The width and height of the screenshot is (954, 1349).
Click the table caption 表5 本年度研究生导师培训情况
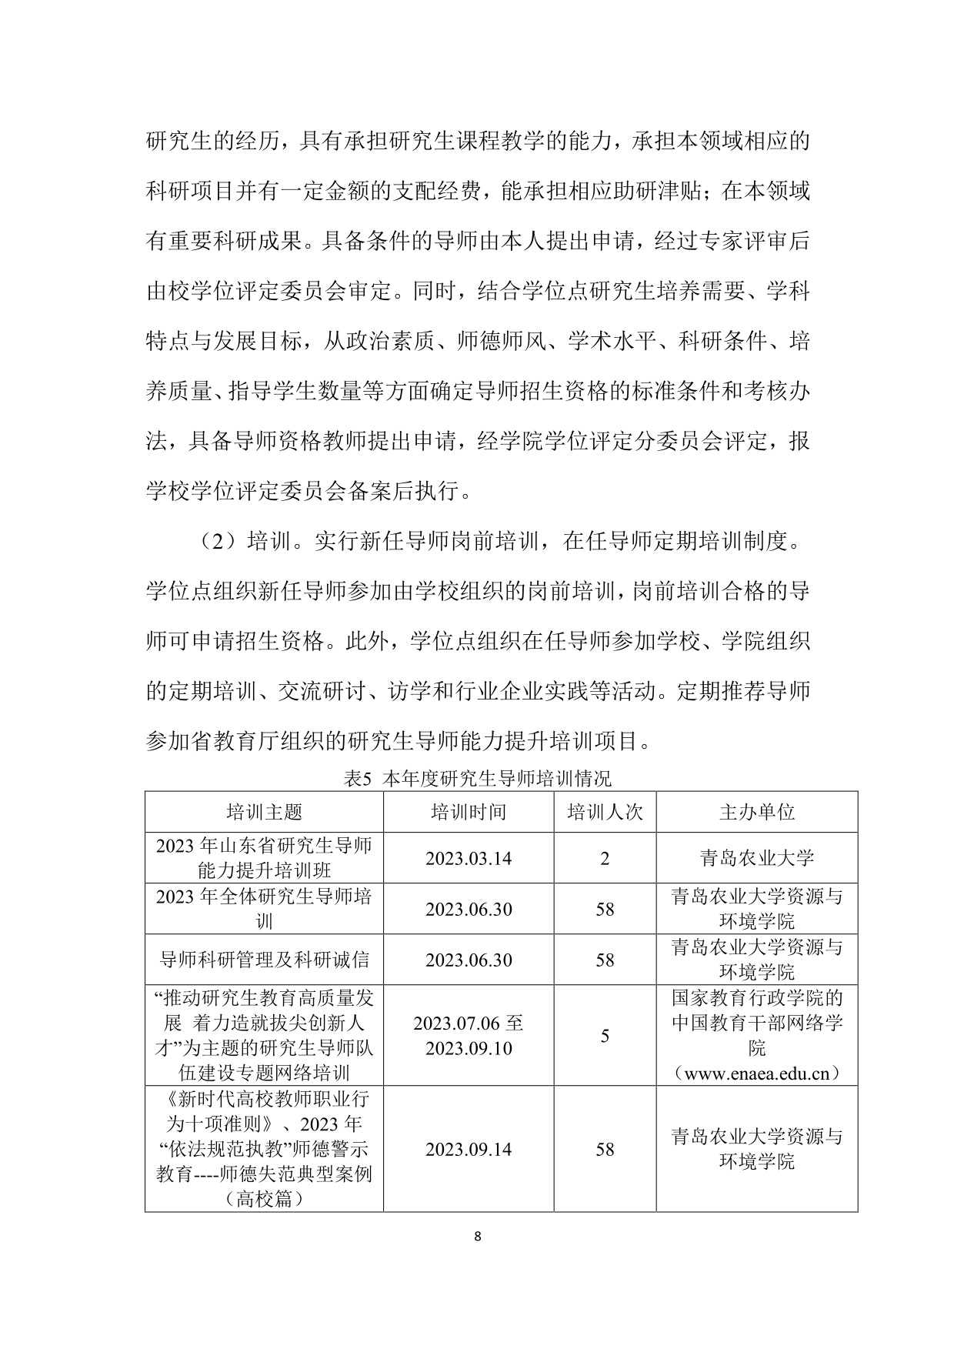(x=477, y=778)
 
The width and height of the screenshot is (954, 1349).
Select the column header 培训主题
(x=264, y=812)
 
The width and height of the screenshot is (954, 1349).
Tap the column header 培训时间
(x=469, y=812)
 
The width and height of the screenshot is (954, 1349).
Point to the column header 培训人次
(x=605, y=812)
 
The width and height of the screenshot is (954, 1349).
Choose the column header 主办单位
(x=757, y=812)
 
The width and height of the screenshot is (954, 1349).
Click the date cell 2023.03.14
(x=469, y=858)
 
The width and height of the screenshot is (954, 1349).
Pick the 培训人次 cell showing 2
(x=605, y=858)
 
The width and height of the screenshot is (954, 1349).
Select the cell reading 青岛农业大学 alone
(x=757, y=858)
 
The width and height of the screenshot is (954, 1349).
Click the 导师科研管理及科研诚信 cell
(x=264, y=960)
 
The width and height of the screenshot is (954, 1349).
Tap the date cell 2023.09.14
(x=469, y=1149)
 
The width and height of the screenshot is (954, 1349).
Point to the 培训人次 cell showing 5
(x=605, y=1036)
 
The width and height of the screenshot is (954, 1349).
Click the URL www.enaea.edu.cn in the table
(x=757, y=1074)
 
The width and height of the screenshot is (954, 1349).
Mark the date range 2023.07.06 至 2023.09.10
(x=469, y=1036)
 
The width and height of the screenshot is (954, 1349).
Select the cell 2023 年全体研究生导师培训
(x=264, y=909)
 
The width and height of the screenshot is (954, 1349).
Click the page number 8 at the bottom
(x=478, y=1237)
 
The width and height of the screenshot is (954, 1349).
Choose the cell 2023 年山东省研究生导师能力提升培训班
(x=264, y=858)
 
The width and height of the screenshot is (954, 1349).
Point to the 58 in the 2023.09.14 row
(x=605, y=1149)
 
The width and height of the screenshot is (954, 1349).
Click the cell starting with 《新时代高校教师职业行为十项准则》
(x=264, y=1149)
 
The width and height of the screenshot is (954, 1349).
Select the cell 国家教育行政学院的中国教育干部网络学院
(x=757, y=1023)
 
